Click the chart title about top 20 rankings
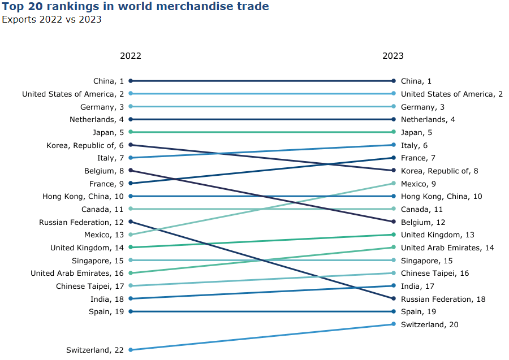point(135,7)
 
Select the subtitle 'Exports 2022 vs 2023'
point(51,20)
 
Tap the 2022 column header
point(131,56)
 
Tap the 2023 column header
point(393,56)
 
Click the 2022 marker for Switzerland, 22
point(131,350)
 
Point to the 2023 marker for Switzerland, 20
point(393,324)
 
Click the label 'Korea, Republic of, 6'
point(85,145)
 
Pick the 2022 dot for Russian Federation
point(131,222)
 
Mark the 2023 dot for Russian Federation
point(393,298)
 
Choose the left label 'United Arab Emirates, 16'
point(77,274)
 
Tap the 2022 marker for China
point(131,81)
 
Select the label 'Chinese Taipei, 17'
point(89,286)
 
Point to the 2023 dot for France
point(393,158)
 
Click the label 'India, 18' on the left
point(107,299)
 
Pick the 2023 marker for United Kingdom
point(393,235)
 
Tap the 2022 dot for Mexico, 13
point(131,235)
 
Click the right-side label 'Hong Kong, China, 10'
point(442,196)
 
